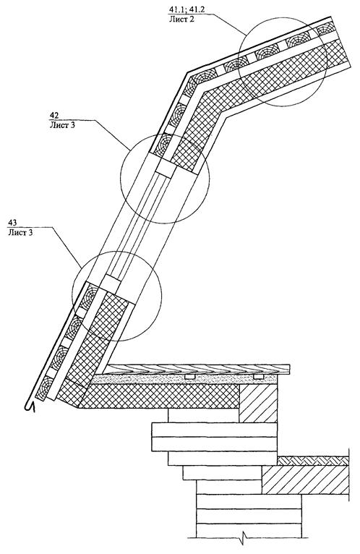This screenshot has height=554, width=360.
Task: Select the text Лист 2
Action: coord(181,19)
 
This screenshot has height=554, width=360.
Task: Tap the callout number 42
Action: coord(54,116)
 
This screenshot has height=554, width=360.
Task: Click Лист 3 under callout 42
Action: coord(62,124)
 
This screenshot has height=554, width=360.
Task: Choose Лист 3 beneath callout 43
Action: coord(21,232)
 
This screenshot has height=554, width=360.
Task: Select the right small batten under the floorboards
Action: coord(258,377)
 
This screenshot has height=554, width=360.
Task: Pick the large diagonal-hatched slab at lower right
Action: coord(305,479)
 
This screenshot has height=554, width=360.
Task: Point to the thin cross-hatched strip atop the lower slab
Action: coord(313,461)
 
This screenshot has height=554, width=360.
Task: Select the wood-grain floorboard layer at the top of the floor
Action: coord(198,369)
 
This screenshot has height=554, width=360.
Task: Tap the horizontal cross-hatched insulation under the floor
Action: coord(159,396)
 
